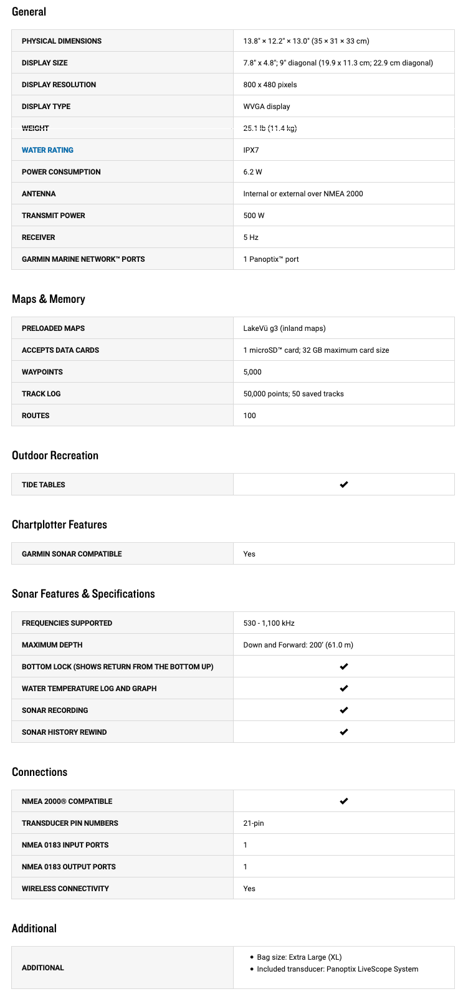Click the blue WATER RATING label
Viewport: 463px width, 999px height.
[47, 150]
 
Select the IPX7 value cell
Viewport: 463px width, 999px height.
[251, 150]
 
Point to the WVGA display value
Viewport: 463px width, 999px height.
[267, 107]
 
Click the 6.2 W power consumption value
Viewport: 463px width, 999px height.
[252, 172]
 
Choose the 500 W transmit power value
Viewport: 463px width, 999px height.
[254, 216]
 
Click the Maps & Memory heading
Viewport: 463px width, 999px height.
[48, 299]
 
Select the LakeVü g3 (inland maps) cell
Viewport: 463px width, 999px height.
[284, 328]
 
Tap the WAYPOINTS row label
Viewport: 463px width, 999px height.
[42, 372]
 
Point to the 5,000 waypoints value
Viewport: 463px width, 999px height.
[252, 372]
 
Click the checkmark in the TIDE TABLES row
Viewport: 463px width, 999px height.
[343, 484]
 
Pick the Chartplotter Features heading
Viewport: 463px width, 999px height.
[59, 525]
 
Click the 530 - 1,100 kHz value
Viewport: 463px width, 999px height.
[269, 623]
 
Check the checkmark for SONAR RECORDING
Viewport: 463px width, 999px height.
[343, 710]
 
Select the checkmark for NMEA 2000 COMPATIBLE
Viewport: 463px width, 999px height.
[343, 801]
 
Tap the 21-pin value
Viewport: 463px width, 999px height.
[254, 823]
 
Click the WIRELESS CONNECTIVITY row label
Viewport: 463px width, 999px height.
[65, 889]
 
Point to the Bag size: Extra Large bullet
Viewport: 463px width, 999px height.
[299, 957]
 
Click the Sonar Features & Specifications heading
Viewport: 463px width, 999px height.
[83, 594]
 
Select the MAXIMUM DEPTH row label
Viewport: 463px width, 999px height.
[52, 645]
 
